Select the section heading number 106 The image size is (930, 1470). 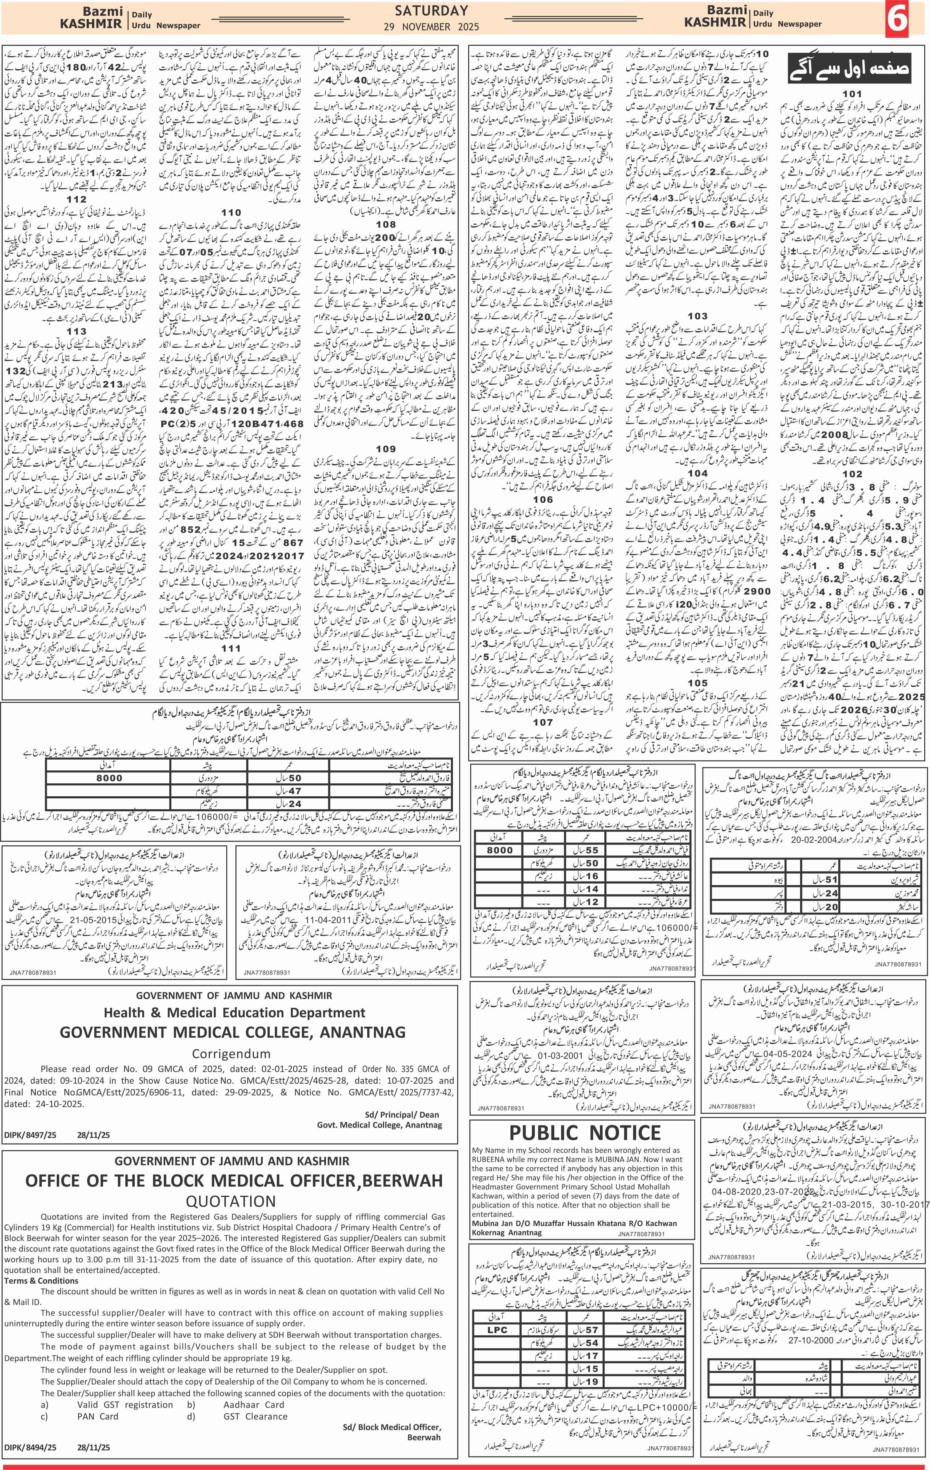[543, 499]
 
